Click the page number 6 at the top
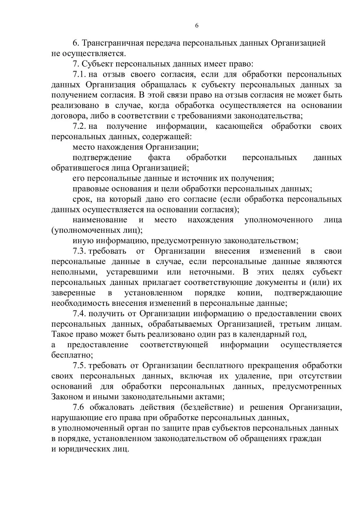(x=197, y=26)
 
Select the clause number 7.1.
(x=79, y=74)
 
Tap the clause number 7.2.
(x=79, y=126)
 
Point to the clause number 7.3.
(x=79, y=251)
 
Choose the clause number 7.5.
(x=79, y=366)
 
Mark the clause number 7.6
(x=78, y=407)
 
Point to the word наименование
(x=100, y=220)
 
